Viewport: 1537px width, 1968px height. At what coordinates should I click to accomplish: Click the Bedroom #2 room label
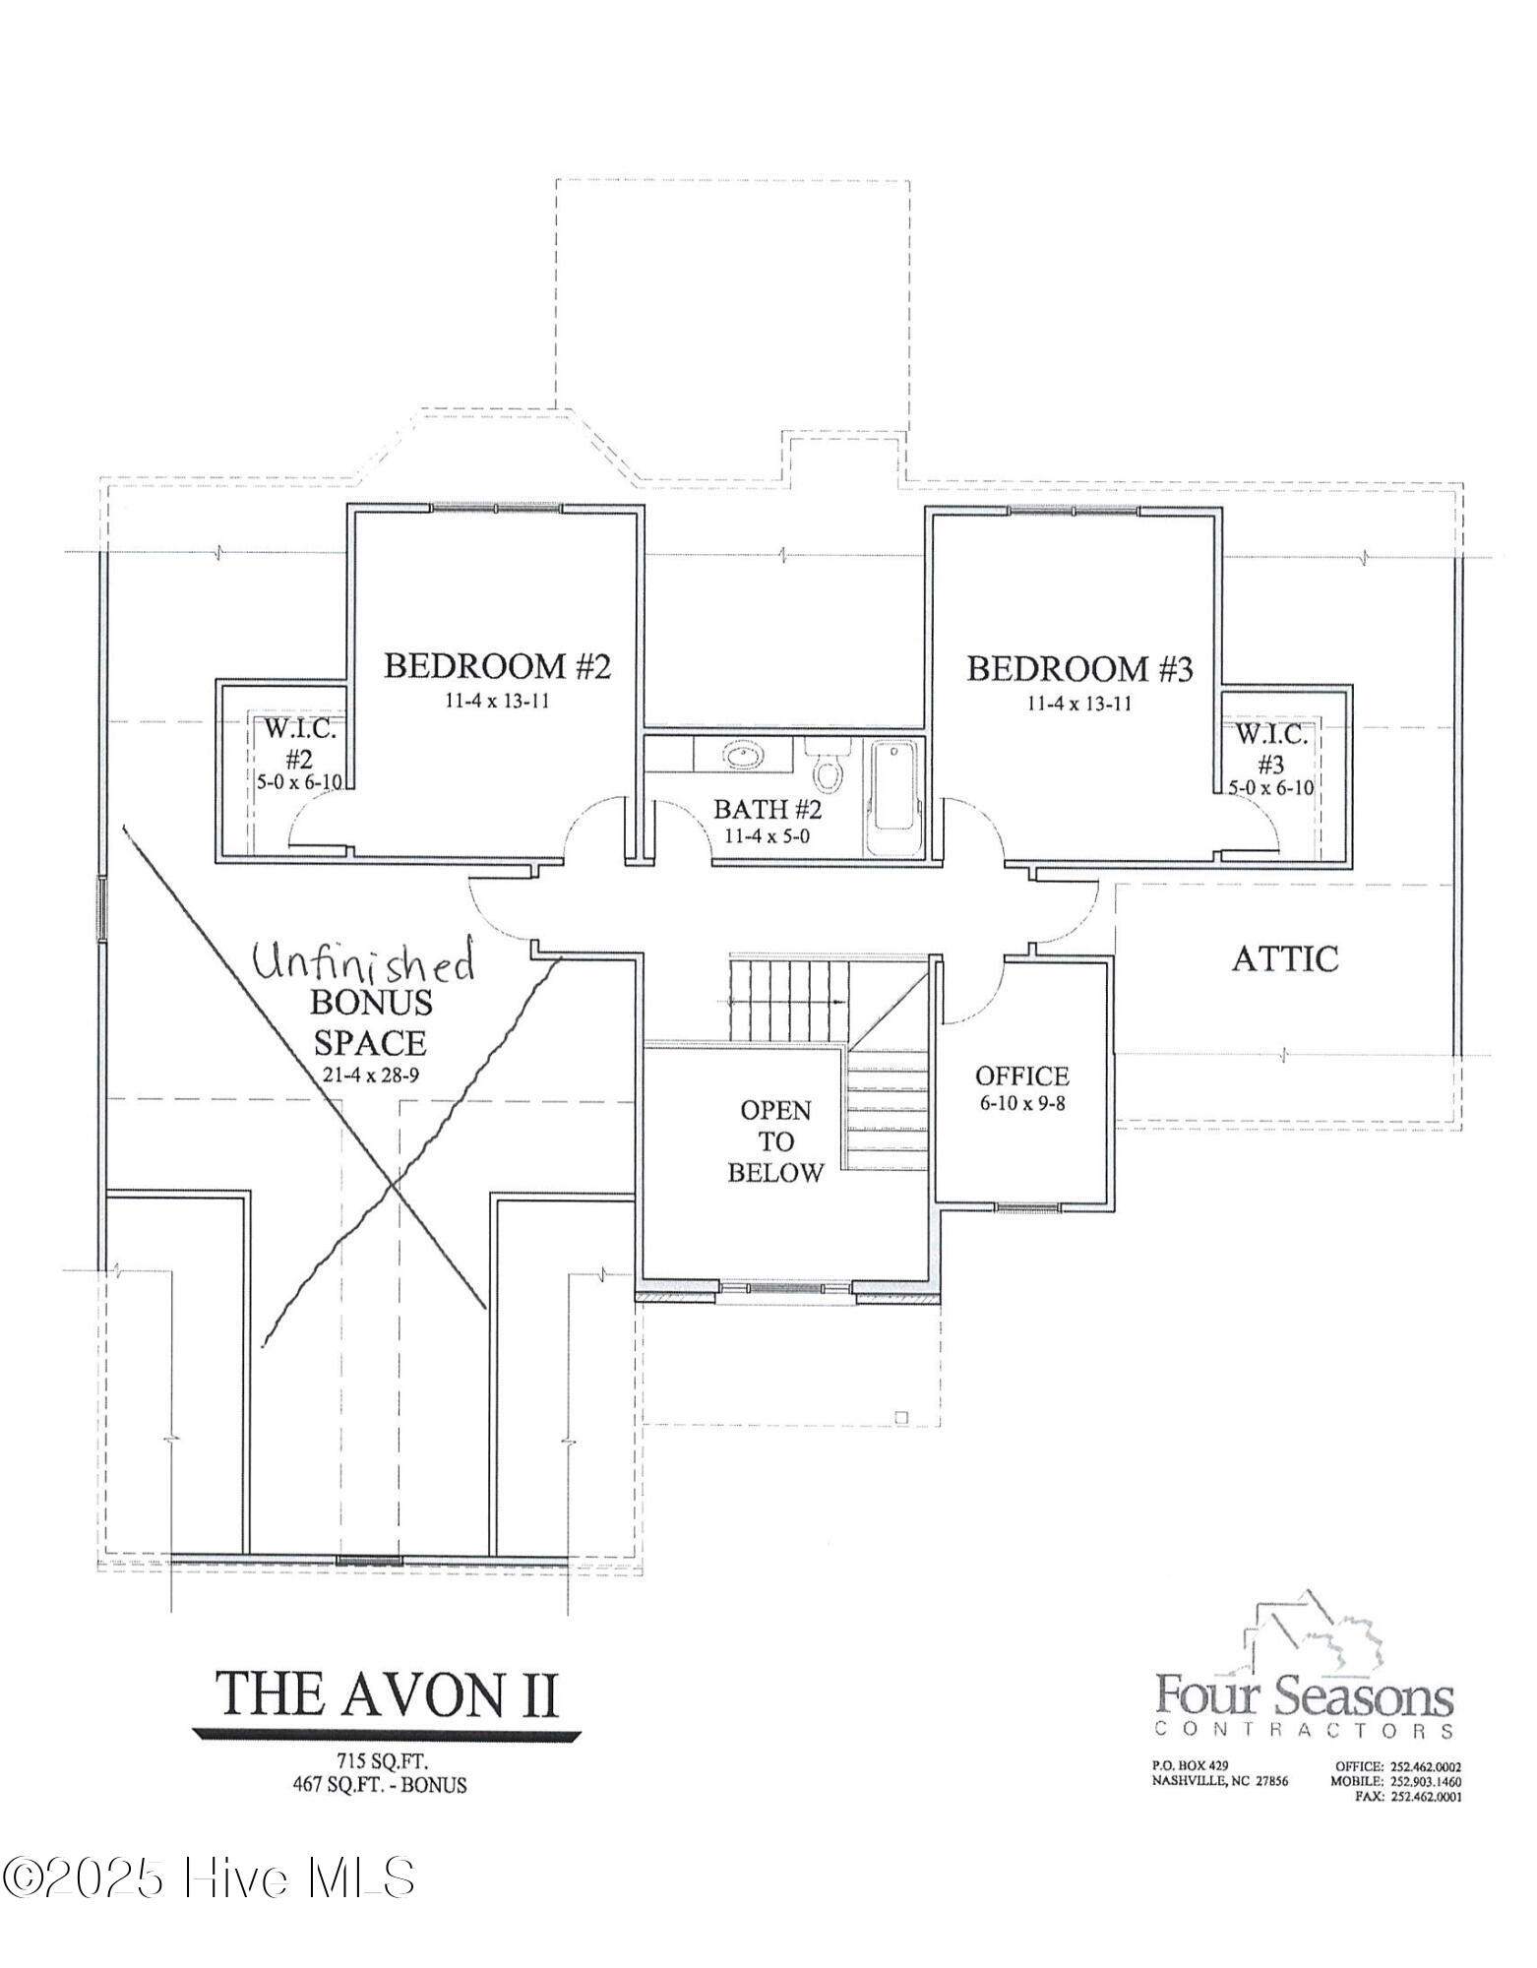click(497, 666)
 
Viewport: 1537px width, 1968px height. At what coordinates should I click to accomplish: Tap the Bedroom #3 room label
click(1078, 669)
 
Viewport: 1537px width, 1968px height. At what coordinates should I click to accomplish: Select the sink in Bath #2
click(743, 756)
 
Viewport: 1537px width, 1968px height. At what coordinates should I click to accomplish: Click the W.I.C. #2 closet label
click(300, 745)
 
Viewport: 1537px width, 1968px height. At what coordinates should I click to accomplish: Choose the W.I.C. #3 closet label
click(1270, 748)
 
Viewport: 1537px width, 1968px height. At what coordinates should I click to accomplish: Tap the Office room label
click(1021, 1076)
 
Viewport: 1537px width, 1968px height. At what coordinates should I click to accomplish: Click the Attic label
click(1284, 958)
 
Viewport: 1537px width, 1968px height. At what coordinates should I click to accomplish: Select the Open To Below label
click(775, 1141)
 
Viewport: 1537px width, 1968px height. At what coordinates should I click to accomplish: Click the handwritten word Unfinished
click(362, 962)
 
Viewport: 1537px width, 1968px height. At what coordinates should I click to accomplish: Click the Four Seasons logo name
click(1304, 1695)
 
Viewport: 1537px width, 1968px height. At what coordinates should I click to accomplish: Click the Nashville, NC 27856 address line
click(1219, 1781)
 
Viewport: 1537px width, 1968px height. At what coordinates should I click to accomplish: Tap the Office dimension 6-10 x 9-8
click(1021, 1103)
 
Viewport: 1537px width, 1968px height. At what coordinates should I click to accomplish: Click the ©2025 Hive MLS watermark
click(209, 1876)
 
